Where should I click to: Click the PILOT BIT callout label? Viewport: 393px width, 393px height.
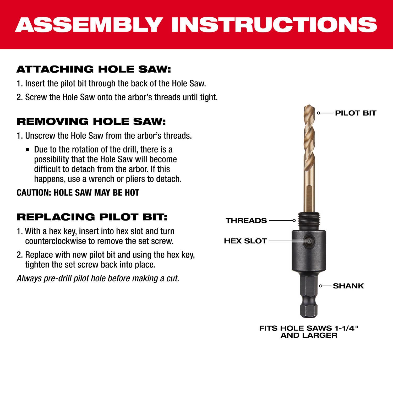tap(356, 113)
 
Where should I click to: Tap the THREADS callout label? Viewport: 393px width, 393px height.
tap(246, 221)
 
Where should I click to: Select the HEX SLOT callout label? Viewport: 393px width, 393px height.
tap(245, 241)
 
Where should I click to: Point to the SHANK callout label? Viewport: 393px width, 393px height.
tap(348, 286)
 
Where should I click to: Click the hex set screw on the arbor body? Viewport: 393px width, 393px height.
tap(309, 241)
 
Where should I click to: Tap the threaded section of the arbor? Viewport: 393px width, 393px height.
tap(309, 221)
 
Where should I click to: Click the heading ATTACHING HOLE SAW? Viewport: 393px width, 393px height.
tap(94, 69)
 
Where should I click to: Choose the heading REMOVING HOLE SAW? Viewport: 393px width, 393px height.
tap(91, 122)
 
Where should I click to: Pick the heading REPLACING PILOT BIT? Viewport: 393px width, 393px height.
tap(92, 217)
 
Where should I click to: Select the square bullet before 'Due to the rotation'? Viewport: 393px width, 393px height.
tap(28, 150)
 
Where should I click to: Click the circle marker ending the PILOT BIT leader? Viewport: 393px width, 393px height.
tap(319, 113)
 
